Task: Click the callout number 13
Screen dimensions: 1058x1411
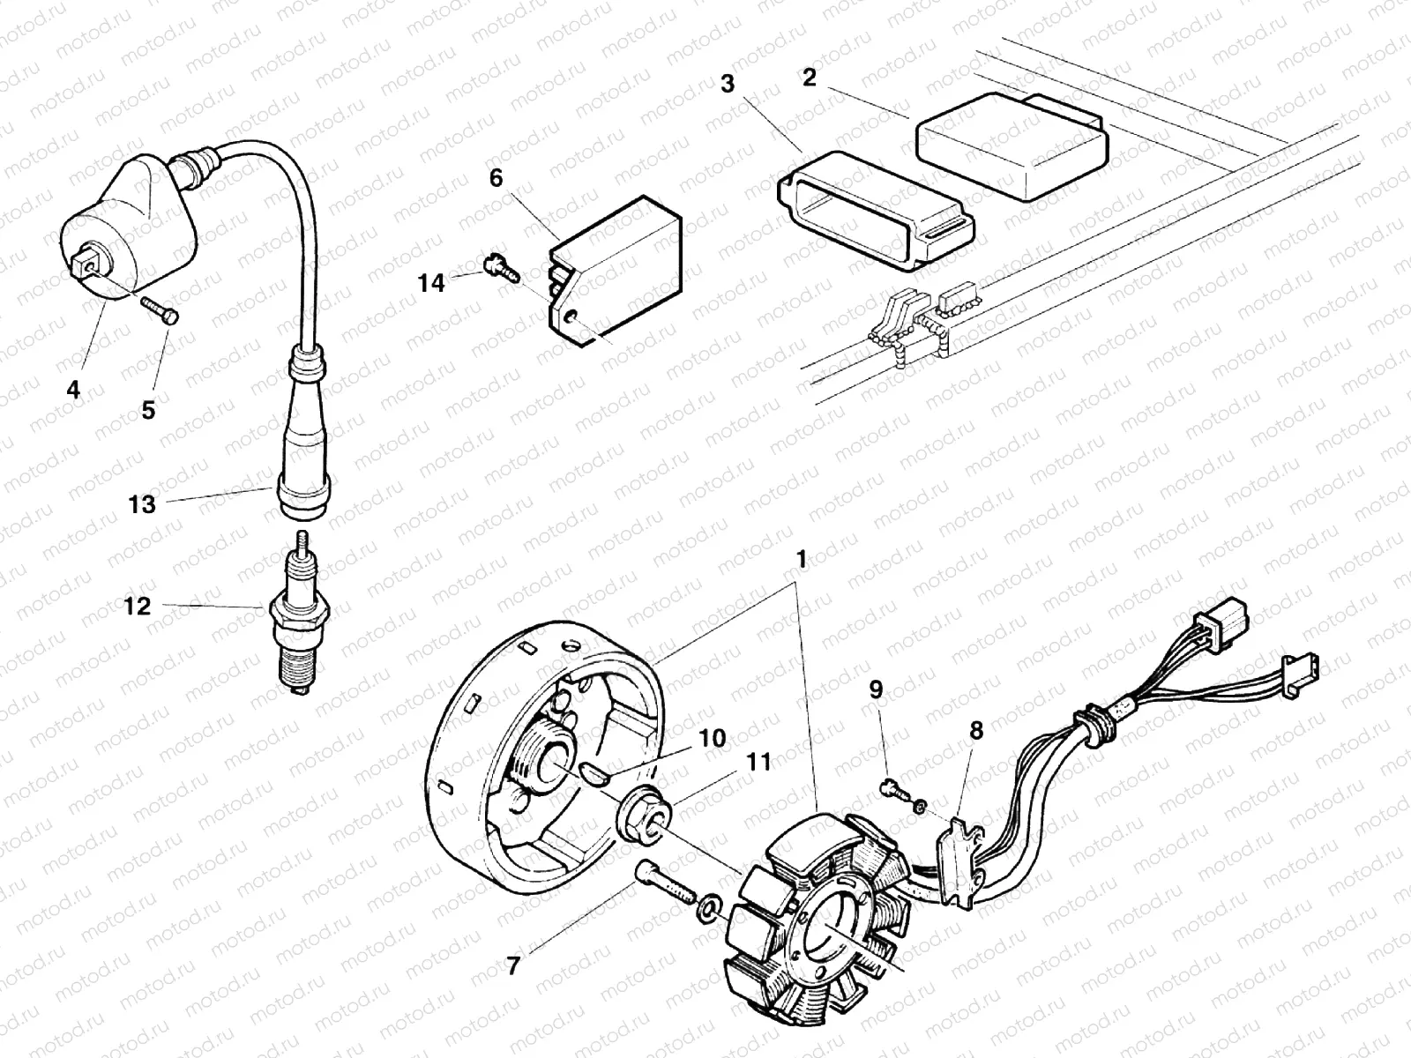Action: click(141, 504)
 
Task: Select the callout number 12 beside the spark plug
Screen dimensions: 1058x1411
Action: click(137, 607)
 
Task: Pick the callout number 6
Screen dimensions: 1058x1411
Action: click(496, 179)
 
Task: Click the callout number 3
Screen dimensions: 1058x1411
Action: click(727, 85)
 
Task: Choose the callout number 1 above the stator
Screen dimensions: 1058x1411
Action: click(801, 559)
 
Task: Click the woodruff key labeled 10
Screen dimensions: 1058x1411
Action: click(594, 773)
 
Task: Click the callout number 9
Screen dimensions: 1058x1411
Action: click(876, 689)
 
